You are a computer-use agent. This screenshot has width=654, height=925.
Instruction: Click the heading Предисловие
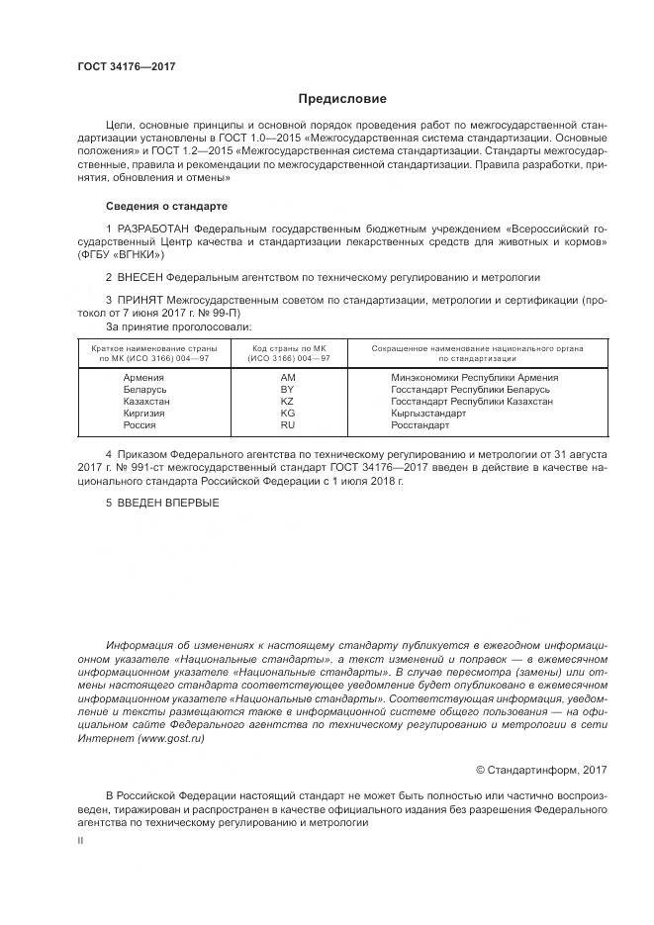point(342,99)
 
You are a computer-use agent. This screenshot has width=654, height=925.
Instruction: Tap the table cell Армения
point(143,378)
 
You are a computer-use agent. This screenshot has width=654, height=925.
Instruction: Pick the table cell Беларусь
point(144,390)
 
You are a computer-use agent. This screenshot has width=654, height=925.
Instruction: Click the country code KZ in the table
point(288,402)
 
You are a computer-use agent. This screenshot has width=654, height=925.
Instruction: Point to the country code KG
point(288,413)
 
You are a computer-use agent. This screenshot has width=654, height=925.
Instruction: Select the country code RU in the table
point(288,424)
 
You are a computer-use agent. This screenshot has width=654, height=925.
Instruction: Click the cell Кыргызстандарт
point(434,413)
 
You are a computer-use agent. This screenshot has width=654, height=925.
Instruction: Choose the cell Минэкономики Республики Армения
point(475,378)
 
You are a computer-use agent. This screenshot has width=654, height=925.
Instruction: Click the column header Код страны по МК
point(289,348)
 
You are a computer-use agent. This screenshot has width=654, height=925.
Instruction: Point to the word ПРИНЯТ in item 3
point(139,298)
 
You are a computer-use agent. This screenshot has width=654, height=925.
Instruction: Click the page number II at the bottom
point(80,839)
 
